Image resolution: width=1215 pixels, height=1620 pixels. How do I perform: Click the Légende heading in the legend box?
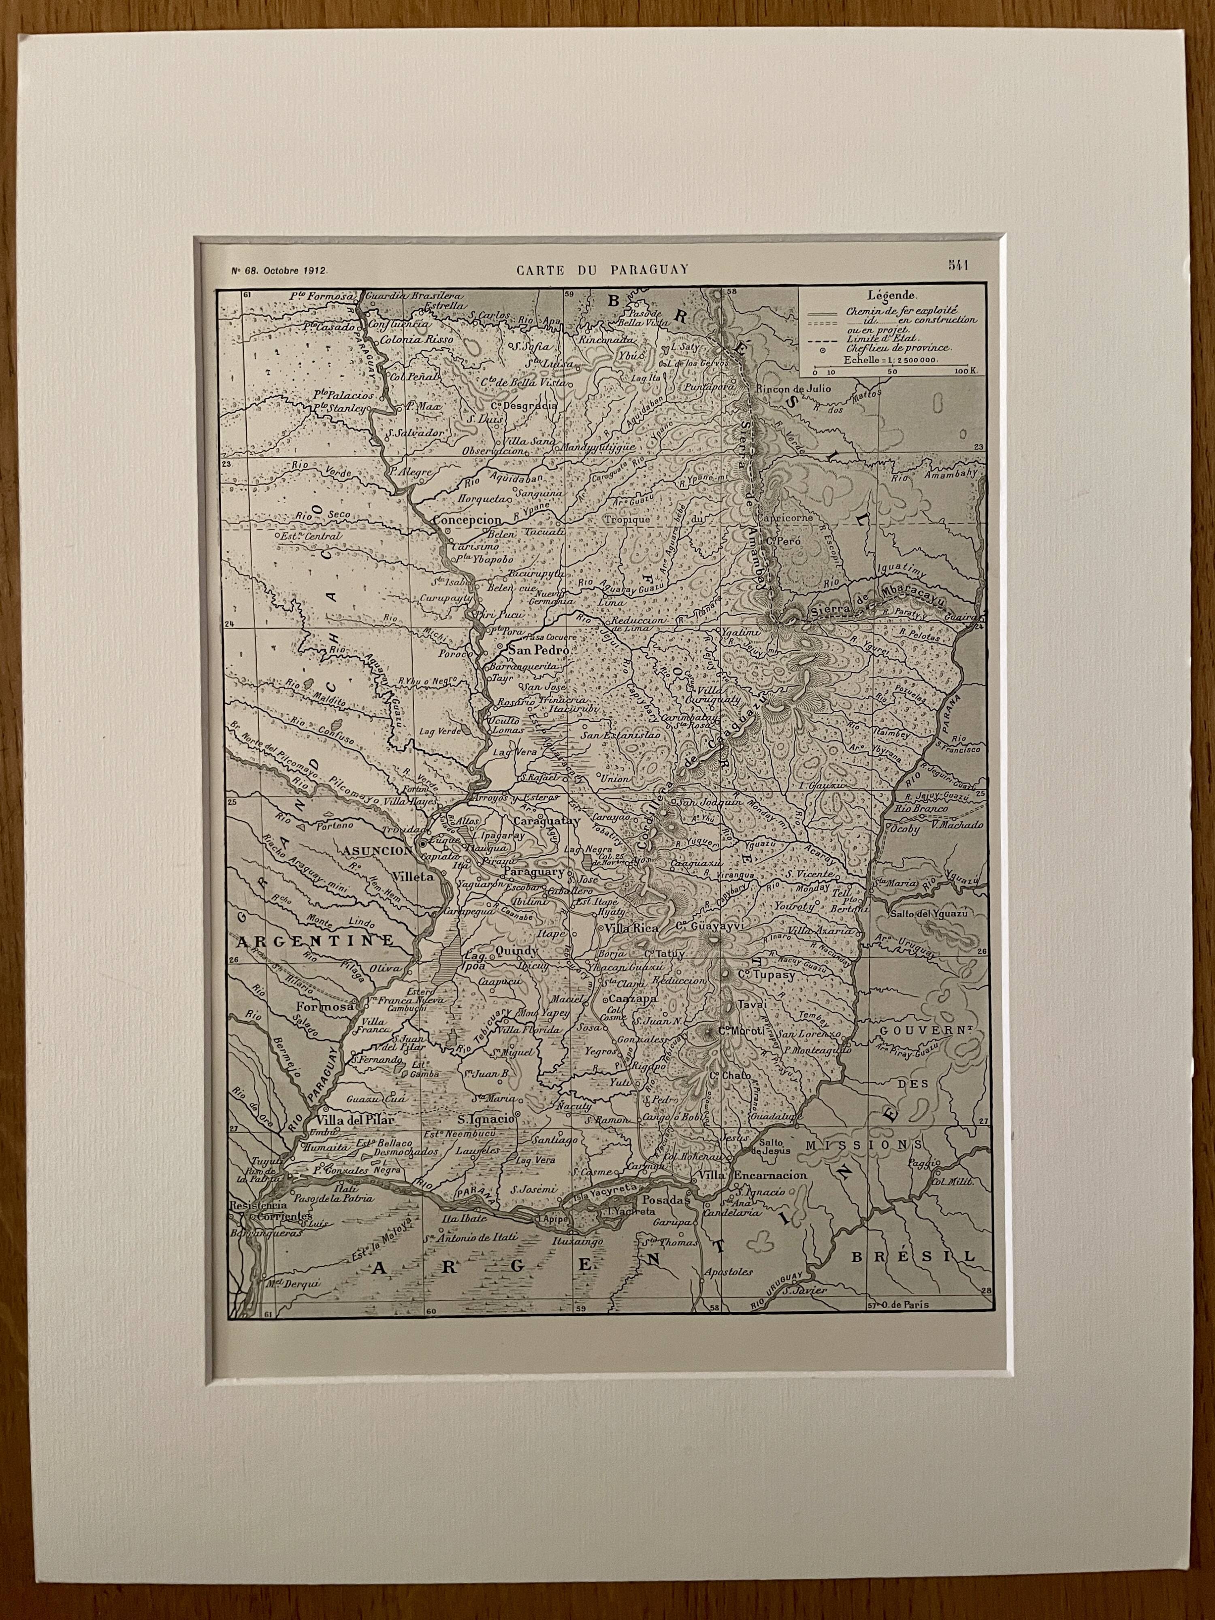pyautogui.click(x=888, y=297)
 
